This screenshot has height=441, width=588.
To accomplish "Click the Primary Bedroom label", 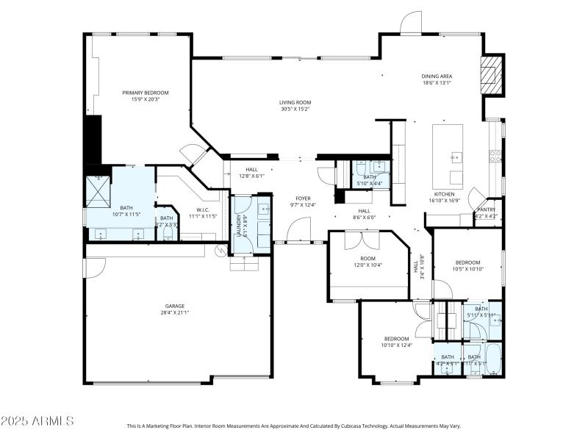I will (x=146, y=93).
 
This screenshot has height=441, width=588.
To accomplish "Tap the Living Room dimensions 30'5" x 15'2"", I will (x=295, y=109).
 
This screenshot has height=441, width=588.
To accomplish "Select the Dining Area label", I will (x=437, y=76).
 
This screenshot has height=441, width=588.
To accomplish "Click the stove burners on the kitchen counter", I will (x=495, y=155).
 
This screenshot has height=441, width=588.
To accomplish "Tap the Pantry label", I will (x=487, y=209).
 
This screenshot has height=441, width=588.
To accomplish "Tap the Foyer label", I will (x=303, y=198).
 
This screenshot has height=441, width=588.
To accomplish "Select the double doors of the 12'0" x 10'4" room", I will (x=352, y=240).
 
